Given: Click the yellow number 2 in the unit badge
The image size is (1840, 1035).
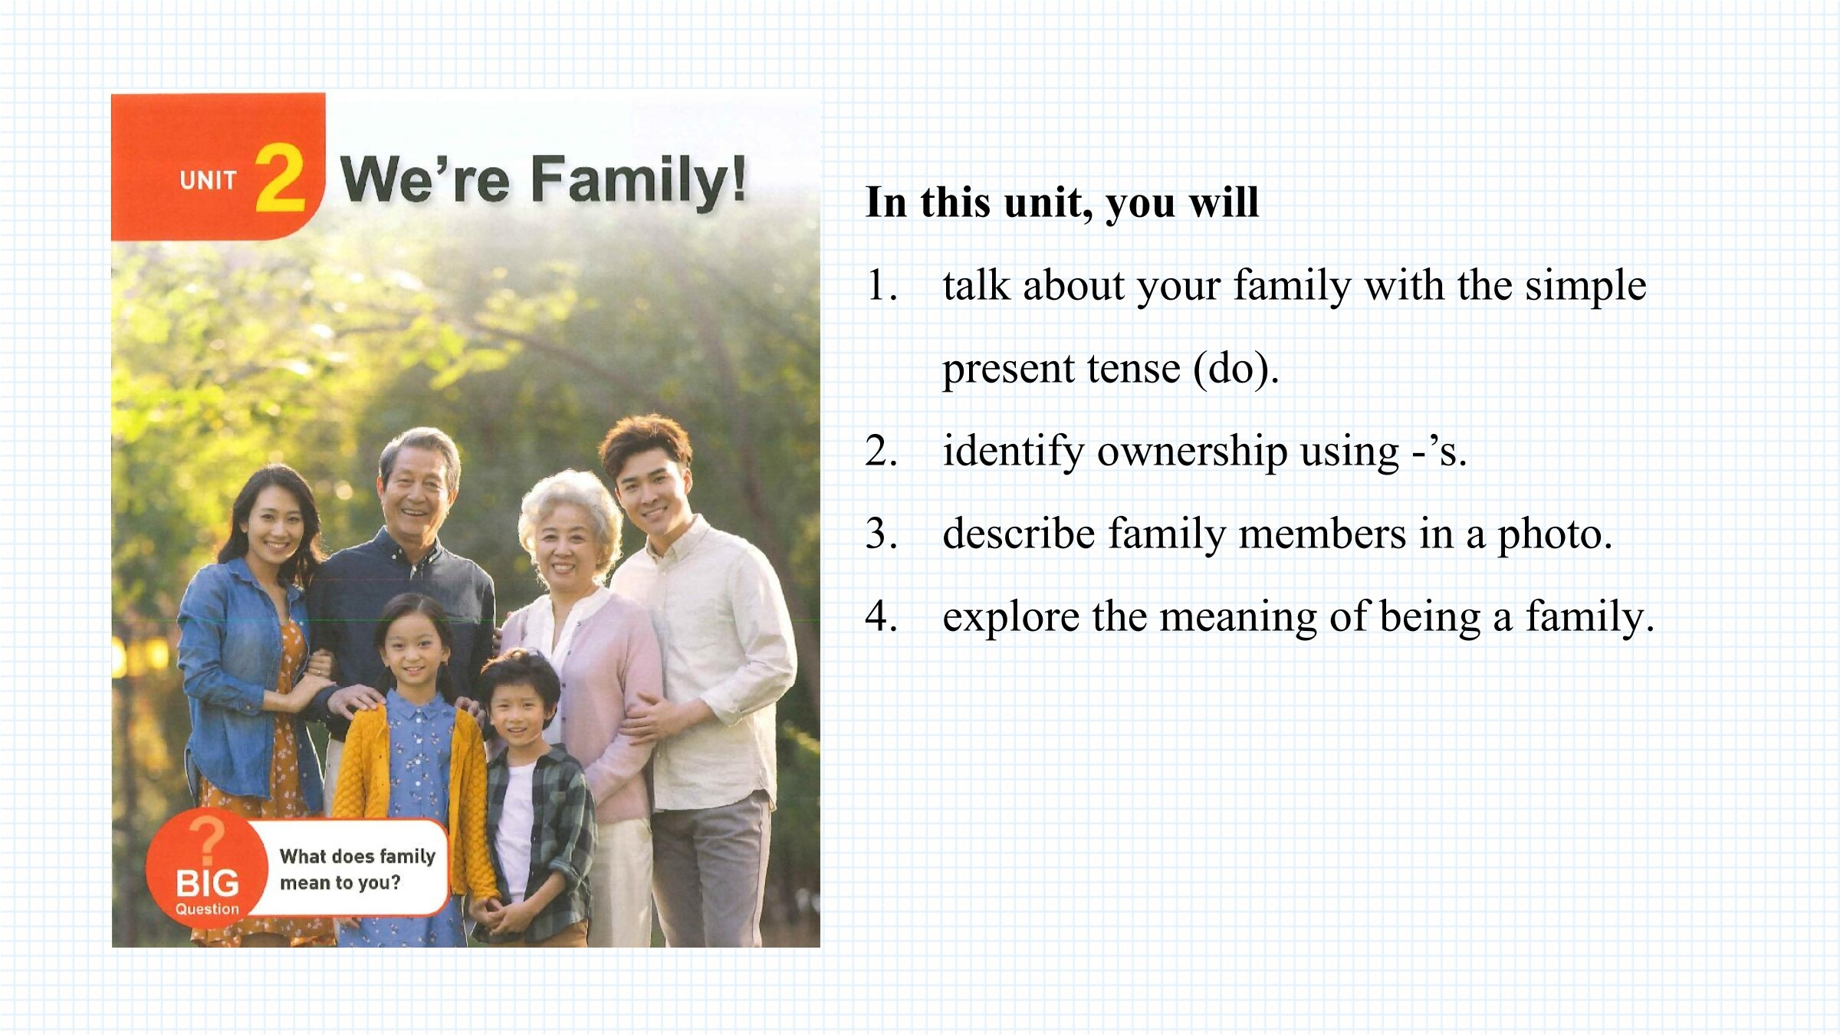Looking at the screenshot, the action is [280, 178].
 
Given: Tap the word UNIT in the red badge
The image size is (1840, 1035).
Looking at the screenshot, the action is [208, 181].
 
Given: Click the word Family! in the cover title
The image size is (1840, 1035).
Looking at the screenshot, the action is [639, 181].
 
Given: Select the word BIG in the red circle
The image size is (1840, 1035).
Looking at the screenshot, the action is [207, 883].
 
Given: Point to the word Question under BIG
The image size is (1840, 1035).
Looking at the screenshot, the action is [207, 909].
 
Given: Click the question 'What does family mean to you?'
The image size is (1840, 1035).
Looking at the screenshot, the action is [357, 869].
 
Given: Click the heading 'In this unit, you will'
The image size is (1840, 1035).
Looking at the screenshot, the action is [1062, 203].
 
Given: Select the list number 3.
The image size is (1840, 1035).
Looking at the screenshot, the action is [881, 534].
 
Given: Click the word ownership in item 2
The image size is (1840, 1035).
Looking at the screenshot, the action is [1191, 452].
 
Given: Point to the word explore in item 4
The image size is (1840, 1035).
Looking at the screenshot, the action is [1010, 618].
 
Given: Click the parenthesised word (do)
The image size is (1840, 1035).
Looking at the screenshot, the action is [1235, 369].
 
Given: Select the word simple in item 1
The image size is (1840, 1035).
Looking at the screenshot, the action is [1585, 286].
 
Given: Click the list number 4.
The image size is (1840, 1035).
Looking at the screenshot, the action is [881, 616].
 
